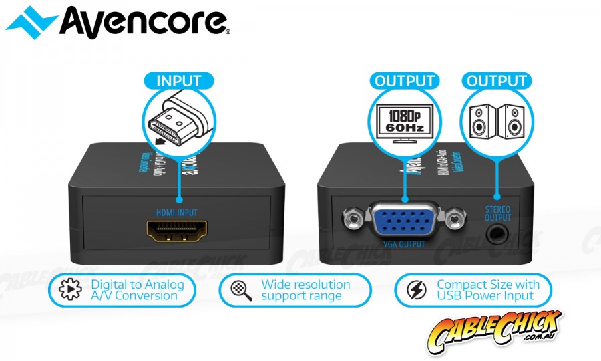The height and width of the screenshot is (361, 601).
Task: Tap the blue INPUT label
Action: [178, 81]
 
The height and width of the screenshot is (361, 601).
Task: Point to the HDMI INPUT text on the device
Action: [178, 212]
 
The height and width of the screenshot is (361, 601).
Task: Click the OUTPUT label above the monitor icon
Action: [405, 81]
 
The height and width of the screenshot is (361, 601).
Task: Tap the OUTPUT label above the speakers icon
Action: [497, 81]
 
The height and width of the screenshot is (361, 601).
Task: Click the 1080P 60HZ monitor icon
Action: [405, 121]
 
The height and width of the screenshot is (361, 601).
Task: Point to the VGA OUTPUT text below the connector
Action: [403, 244]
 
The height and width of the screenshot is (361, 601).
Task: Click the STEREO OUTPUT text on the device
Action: [497, 213]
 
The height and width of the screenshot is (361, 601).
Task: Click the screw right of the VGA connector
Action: [456, 219]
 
